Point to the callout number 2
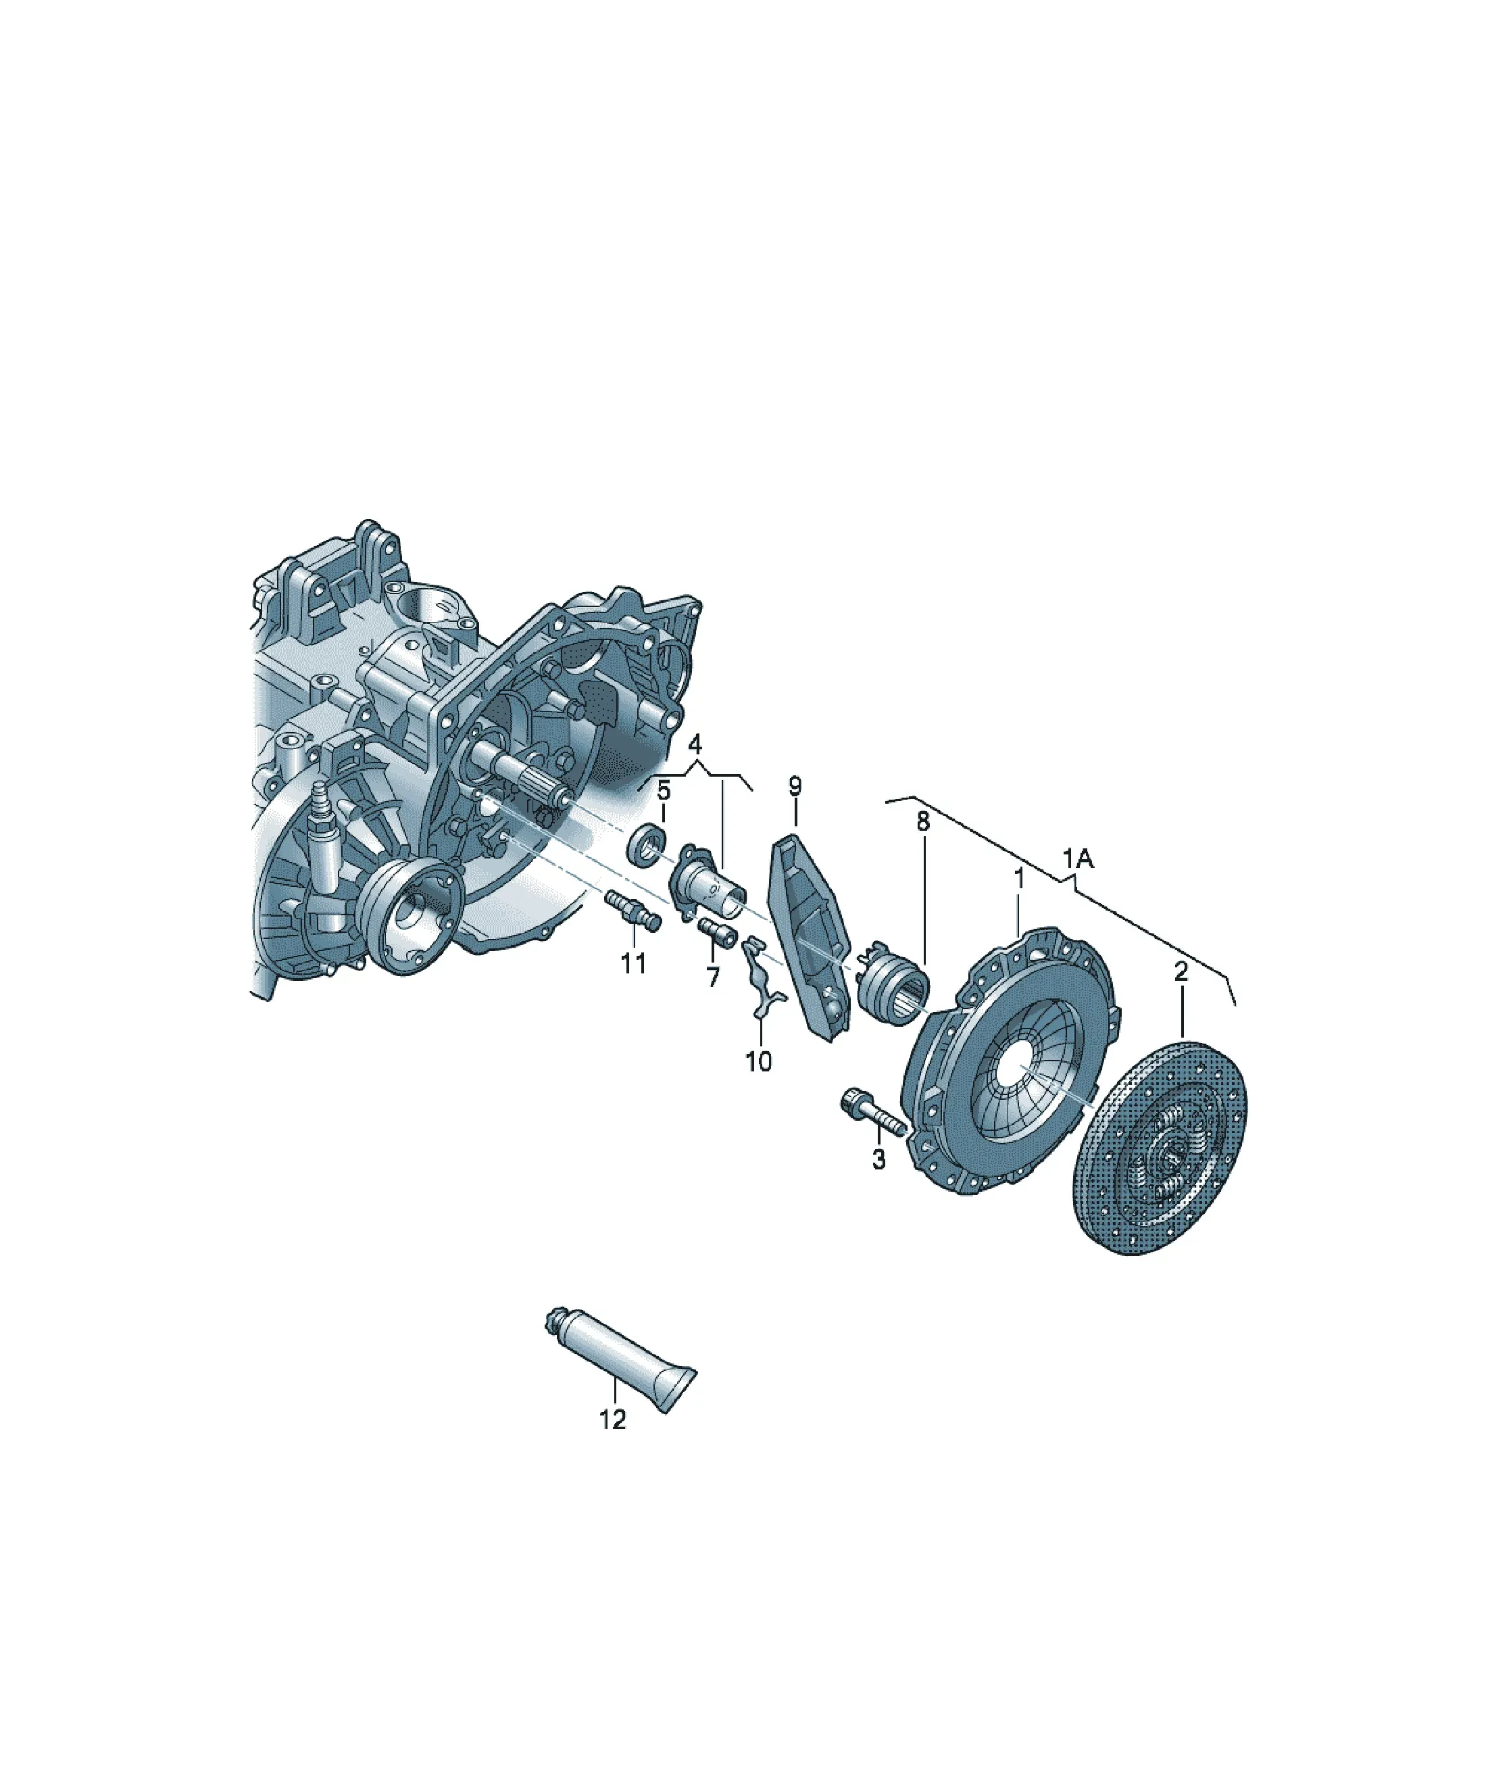coord(1181,972)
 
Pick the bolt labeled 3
coord(871,1113)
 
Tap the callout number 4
coord(695,744)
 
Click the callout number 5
coord(664,791)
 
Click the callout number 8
coord(922,822)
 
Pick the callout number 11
coord(633,963)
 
